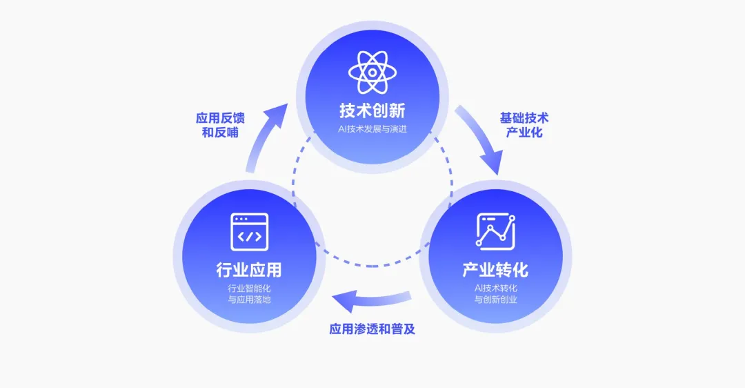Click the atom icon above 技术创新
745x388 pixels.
click(x=372, y=72)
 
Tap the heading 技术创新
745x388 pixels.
click(x=372, y=110)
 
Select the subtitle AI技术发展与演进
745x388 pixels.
click(x=372, y=128)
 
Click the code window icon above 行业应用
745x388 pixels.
click(x=249, y=231)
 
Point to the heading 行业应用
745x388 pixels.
click(x=249, y=269)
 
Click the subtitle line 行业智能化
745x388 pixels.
click(x=249, y=287)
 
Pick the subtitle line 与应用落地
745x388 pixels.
click(x=249, y=300)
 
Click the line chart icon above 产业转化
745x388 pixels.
click(x=495, y=231)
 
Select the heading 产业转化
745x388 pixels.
click(x=495, y=269)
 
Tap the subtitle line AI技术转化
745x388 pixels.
click(x=495, y=287)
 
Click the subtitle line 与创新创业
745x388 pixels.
click(x=495, y=300)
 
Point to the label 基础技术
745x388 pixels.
click(x=524, y=118)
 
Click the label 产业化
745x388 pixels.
click(x=524, y=133)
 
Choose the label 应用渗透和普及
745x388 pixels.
click(x=372, y=329)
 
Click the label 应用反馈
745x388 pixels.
click(x=220, y=118)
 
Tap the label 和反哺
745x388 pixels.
click(x=220, y=133)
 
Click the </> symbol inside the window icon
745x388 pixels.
click(x=249, y=236)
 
